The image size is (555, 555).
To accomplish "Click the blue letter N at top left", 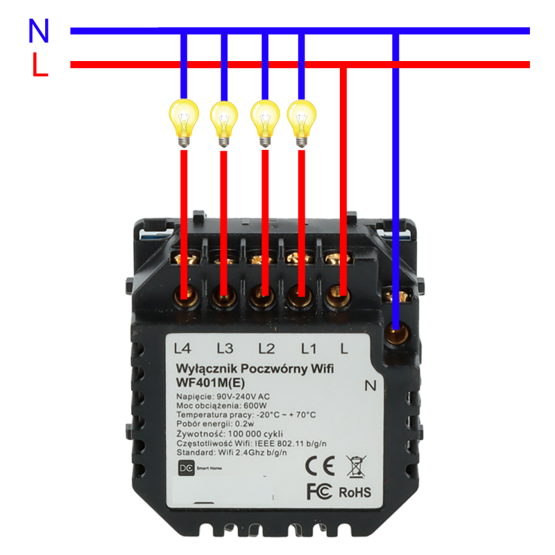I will point(39,31).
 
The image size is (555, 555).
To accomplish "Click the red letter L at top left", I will point(40,66).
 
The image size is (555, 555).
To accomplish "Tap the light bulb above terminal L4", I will point(184,121).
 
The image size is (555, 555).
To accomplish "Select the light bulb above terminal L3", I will point(223,121).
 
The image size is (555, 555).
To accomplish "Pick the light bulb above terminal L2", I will point(264,121).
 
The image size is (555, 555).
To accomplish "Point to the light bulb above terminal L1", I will point(301,121).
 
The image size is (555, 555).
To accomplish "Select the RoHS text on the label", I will point(355,492).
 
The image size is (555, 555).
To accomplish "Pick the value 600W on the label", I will point(254,405).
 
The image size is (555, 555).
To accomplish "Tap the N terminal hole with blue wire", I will point(396,336).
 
